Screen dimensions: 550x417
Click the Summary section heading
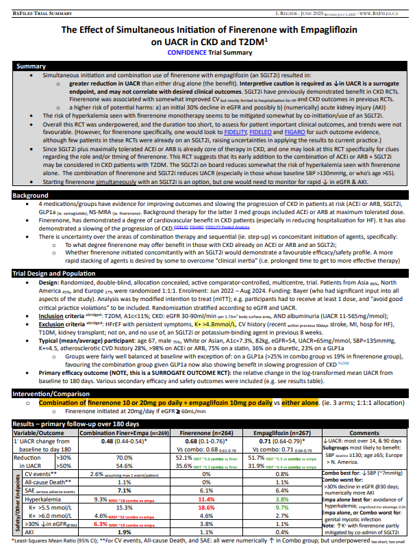point(31,66)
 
